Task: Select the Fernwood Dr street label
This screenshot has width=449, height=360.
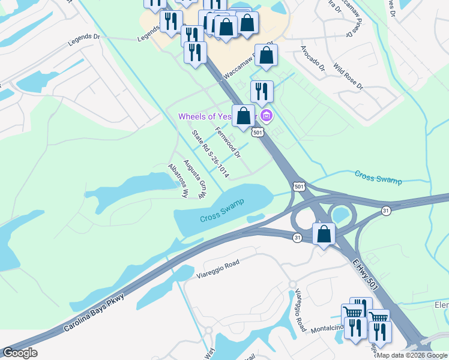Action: pos(228,143)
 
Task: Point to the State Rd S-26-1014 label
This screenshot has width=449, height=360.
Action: pos(211,155)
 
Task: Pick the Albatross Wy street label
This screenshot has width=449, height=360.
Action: pos(178,181)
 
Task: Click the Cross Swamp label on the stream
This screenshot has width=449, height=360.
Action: pos(378,178)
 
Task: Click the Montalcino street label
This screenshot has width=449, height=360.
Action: pos(324,328)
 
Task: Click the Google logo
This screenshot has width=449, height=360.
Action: pos(19,353)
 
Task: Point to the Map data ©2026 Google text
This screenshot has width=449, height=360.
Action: pos(412,355)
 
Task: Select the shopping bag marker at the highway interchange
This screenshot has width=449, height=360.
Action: pos(324,234)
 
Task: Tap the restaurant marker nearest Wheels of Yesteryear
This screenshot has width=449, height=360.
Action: pos(262,92)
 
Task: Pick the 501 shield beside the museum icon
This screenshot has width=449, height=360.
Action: pos(257,132)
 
